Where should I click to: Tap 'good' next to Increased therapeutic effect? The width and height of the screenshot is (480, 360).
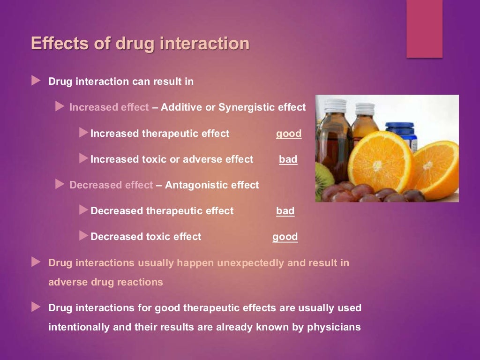(x=289, y=134)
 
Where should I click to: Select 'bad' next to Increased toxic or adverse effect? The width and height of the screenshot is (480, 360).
(x=288, y=159)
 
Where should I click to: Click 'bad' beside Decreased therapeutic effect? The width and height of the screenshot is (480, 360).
(x=285, y=211)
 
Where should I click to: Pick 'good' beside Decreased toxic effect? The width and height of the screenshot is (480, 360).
(x=285, y=237)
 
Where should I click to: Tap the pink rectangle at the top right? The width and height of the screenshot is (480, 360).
(x=424, y=28)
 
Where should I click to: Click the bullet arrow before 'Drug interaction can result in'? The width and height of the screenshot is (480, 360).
(x=36, y=81)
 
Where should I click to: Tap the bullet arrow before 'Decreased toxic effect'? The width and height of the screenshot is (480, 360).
(x=83, y=236)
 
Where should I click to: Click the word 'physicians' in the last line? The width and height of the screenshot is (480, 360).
(x=334, y=327)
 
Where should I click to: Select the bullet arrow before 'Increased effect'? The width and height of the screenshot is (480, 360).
(x=60, y=107)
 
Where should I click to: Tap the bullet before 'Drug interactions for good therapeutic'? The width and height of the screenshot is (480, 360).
(x=36, y=307)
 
